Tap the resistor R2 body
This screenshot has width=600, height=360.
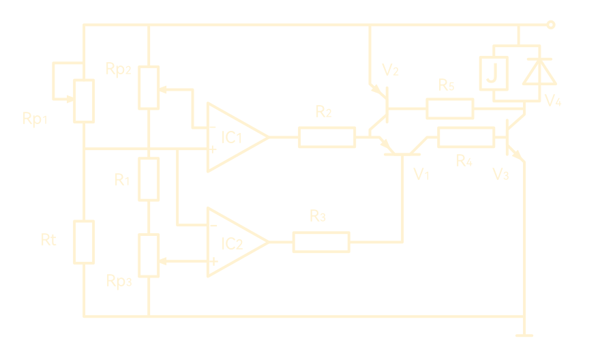(327, 137)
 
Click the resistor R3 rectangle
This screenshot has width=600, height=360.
(320, 242)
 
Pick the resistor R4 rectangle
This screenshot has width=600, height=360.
(466, 138)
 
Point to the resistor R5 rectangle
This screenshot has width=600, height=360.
(449, 108)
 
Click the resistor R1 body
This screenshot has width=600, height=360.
(149, 179)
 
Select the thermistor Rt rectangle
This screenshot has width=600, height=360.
(85, 242)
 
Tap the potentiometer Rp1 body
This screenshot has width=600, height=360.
(85, 101)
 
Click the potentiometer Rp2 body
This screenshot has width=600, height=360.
(149, 87)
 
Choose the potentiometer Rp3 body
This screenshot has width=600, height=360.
(149, 255)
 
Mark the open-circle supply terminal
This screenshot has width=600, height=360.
(551, 26)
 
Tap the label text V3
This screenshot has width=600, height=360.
(500, 175)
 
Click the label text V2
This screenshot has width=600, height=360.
(391, 70)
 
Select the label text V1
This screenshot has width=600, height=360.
(421, 175)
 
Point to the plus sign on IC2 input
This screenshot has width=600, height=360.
(213, 261)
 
